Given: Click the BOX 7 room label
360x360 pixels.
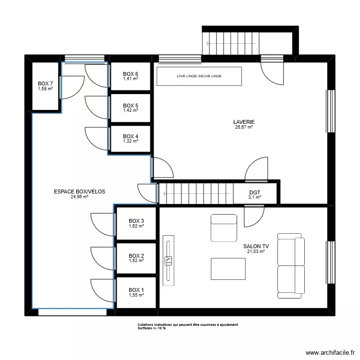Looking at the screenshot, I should (x=45, y=84).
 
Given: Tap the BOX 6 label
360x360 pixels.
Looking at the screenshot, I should (x=131, y=74).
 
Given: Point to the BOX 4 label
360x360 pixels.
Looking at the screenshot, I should (x=131, y=136).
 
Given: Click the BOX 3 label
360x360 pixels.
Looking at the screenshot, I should (x=136, y=221).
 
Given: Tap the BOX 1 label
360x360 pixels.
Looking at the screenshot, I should (x=136, y=290).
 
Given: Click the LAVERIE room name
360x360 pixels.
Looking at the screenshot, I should (x=244, y=122).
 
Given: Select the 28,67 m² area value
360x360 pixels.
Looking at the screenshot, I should (x=244, y=127).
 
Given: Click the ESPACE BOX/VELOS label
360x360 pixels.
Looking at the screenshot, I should (x=80, y=192).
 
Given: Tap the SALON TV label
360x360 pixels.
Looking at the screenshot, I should (x=256, y=246).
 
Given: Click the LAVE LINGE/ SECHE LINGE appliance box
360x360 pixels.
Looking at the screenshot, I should (x=199, y=76).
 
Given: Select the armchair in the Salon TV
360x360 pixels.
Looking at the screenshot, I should (x=224, y=228).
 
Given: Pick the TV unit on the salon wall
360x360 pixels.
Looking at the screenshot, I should (x=168, y=261).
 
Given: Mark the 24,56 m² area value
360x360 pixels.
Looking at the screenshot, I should (x=80, y=197).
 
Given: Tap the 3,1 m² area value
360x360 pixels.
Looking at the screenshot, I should (x=254, y=197).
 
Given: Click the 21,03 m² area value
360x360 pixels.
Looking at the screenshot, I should (x=256, y=251).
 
